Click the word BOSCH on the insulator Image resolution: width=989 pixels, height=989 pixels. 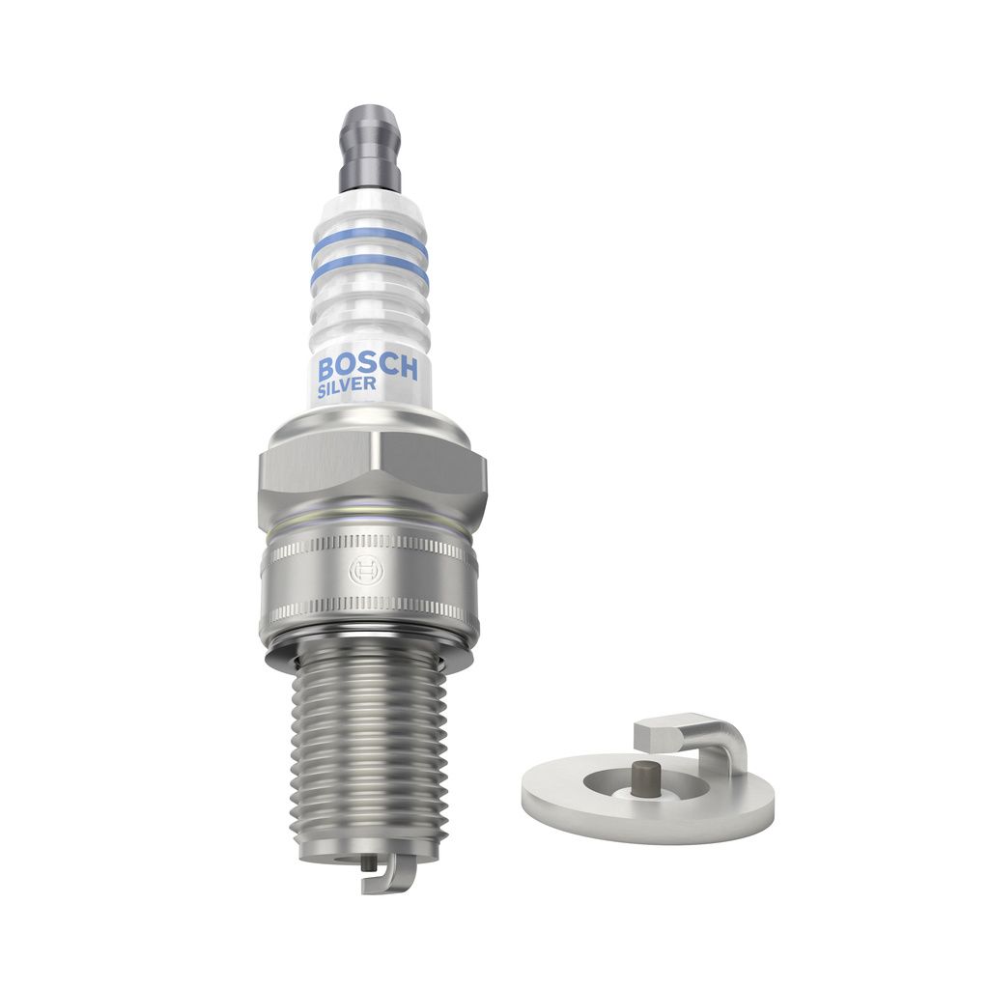368,368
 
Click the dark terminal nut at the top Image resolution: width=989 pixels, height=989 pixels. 370,150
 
